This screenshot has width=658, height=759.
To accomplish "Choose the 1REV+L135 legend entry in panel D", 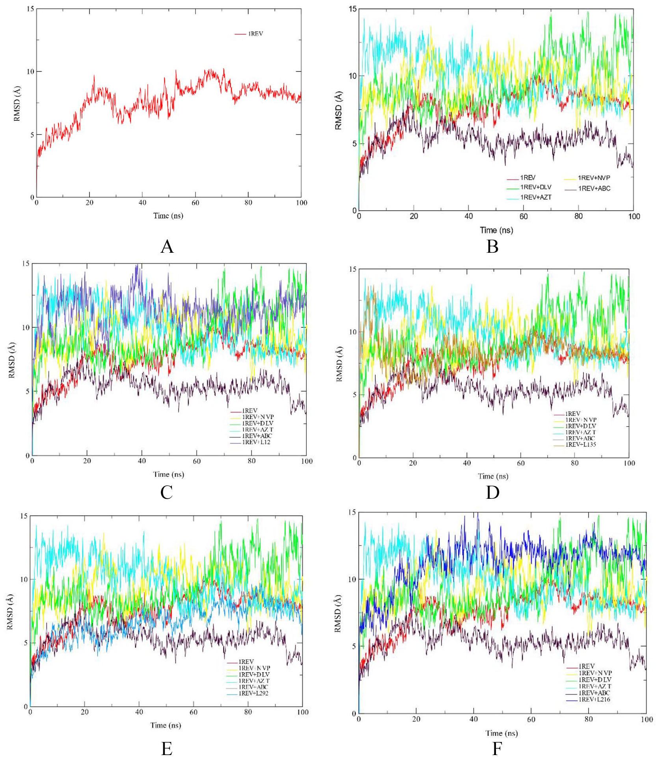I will click(581, 444).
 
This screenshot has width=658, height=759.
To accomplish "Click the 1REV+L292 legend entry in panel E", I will click(254, 693).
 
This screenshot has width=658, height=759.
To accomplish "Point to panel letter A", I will click(167, 246).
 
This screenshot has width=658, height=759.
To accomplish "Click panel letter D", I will click(492, 492).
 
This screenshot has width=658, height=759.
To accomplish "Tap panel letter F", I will click(497, 748).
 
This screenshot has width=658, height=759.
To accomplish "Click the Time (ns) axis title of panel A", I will click(168, 216).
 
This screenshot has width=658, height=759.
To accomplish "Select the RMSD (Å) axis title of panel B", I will click(338, 110).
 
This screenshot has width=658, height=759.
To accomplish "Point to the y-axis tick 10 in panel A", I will click(30, 71).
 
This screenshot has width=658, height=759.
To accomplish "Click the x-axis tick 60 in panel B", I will click(523, 216).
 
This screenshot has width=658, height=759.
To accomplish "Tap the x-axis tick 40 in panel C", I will click(142, 461).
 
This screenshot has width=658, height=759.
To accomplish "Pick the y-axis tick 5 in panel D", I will click(354, 395).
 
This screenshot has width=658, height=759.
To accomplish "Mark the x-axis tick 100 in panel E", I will click(302, 712).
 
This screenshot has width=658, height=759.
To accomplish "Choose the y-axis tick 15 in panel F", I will click(352, 513).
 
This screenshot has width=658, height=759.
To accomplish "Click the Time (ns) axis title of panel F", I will click(501, 733).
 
